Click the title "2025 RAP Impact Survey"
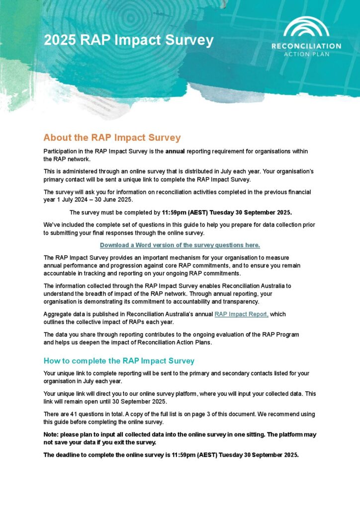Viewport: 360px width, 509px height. [x=128, y=40]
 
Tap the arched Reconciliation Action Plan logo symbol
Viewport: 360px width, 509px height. [x=306, y=28]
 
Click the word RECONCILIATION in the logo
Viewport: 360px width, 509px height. [x=306, y=46]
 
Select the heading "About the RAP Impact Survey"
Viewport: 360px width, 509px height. [x=112, y=138]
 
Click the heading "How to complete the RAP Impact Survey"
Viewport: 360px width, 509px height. [x=119, y=360]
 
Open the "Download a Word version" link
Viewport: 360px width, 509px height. [x=180, y=245]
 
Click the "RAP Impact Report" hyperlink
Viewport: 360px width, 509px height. [x=242, y=314]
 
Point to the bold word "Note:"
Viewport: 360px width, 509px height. [x=52, y=434]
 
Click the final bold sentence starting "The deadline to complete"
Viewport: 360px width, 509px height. [x=171, y=454]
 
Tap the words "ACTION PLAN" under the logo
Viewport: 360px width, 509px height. [x=306, y=54]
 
